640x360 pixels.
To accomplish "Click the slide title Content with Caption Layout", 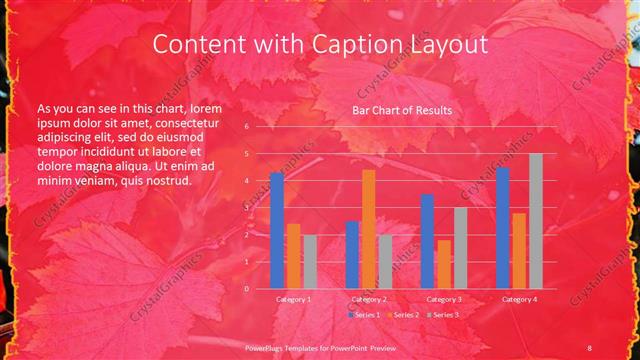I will click(320, 45).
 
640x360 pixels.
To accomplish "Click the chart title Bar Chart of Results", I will click(401, 110).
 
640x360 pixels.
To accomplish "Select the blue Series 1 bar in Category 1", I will click(277, 230).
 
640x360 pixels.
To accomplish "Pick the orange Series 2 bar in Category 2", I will click(369, 229).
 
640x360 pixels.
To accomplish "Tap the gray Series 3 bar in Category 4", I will click(536, 221).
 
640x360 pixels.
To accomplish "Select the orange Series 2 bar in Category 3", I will click(444, 264).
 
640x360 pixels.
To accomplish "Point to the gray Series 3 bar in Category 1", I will click(310, 261).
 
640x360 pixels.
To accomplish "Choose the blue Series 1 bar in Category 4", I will click(503, 227).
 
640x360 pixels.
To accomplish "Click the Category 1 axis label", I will click(293, 299).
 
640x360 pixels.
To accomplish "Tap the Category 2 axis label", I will click(369, 299).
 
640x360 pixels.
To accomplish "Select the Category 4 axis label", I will click(519, 299).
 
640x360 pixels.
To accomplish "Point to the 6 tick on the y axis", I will click(246, 127).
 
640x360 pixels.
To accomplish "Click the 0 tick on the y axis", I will click(246, 288).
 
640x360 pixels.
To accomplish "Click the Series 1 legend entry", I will click(364, 315).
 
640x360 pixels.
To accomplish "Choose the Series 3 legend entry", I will click(446, 315).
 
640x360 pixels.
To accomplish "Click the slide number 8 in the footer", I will click(591, 345).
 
